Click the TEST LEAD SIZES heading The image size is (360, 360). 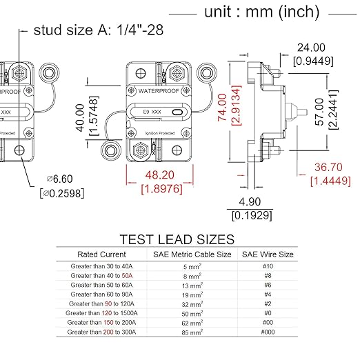(177, 240)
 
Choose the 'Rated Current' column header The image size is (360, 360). (102, 254)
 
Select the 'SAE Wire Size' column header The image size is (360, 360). (267, 254)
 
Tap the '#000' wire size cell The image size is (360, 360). (267, 332)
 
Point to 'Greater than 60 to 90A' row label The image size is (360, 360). (102, 294)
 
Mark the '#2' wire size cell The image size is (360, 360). (267, 303)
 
